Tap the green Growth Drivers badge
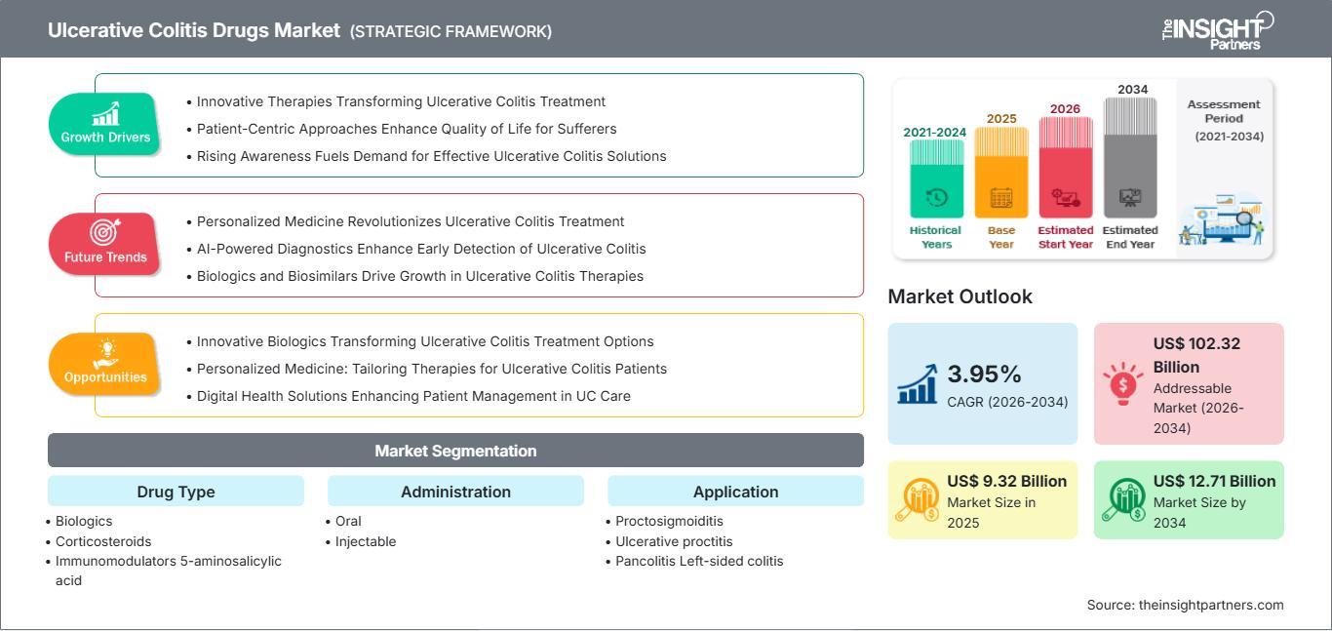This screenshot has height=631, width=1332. tap(104, 124)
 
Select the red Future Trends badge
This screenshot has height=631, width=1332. tap(104, 244)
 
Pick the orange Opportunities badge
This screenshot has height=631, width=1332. tap(104, 364)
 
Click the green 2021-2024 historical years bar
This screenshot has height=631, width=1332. tap(936, 179)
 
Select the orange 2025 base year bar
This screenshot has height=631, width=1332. tap(1001, 173)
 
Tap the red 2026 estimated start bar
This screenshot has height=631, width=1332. tap(1066, 167)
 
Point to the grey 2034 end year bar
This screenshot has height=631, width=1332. tap(1130, 158)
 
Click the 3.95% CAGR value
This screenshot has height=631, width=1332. tap(984, 375)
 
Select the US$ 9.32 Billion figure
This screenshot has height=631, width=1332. tap(1006, 481)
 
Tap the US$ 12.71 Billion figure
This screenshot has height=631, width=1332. tap(1214, 481)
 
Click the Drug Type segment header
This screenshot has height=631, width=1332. tap(176, 492)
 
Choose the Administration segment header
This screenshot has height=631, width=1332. tap(455, 492)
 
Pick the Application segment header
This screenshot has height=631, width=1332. tap(735, 492)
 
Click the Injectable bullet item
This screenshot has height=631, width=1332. tap(365, 541)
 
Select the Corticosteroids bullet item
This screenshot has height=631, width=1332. tap(102, 541)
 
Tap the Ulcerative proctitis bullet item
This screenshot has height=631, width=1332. tap(674, 541)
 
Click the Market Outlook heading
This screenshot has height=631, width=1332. tap(960, 296)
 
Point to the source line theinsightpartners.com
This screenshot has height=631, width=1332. tap(1185, 605)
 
